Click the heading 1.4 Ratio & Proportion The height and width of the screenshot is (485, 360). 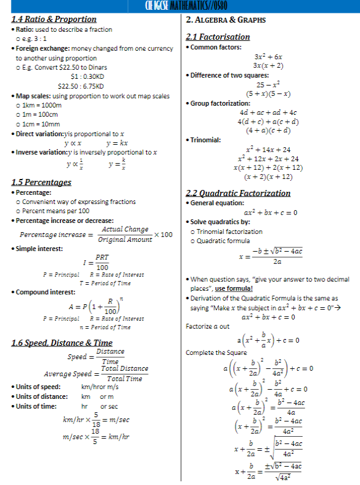[x=54, y=19]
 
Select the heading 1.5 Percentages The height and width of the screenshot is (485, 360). [x=41, y=182]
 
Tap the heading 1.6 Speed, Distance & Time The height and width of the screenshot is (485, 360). [x=62, y=343]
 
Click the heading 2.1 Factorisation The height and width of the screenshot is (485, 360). [x=218, y=37]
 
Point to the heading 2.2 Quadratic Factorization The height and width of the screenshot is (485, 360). [x=238, y=193]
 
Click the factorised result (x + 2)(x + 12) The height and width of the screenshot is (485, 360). [x=268, y=177]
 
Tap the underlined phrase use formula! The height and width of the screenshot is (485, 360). [x=234, y=288]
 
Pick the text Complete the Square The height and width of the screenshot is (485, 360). [x=208, y=352]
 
